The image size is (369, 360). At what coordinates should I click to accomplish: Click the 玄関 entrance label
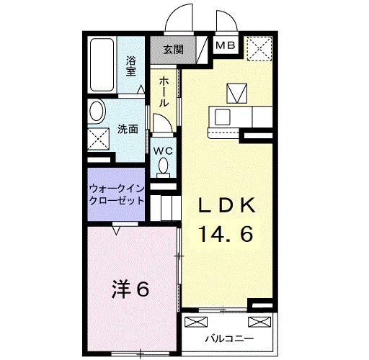(172, 49)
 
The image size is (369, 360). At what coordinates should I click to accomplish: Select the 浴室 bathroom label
(132, 66)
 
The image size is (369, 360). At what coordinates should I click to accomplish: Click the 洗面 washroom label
(128, 130)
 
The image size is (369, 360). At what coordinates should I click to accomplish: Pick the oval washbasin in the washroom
(96, 112)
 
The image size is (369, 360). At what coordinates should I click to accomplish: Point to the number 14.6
(226, 235)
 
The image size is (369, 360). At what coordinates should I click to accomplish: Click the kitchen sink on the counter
(221, 116)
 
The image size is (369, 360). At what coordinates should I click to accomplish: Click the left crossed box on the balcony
(194, 321)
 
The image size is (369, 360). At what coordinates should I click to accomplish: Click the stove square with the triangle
(236, 93)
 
